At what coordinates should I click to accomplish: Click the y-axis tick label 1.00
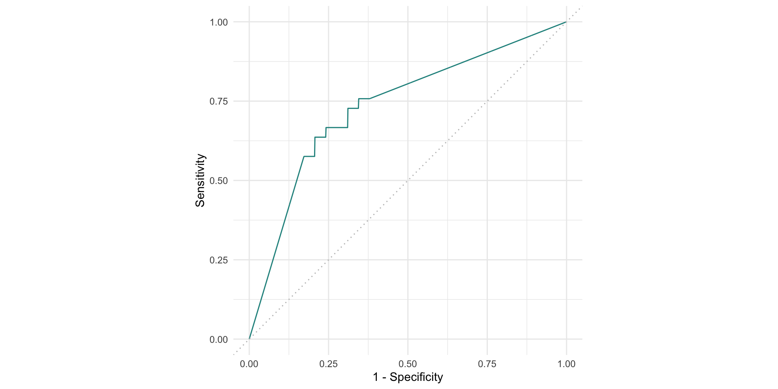[219, 22]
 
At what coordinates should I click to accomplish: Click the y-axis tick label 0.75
[219, 101]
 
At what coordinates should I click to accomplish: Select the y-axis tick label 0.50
[219, 181]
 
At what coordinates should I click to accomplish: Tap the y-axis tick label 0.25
[219, 260]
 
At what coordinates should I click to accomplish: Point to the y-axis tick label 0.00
[219, 340]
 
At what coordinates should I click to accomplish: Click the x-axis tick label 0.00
[249, 364]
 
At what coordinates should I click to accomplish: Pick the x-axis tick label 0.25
[328, 364]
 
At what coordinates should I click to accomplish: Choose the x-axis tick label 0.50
[408, 364]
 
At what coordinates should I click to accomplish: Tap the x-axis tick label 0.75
[487, 364]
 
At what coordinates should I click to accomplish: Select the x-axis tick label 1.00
[566, 364]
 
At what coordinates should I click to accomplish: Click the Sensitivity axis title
[200, 180]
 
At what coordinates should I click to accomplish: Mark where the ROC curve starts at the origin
[249, 339]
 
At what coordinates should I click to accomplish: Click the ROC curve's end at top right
[566, 22]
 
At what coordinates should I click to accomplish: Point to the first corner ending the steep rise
[304, 156]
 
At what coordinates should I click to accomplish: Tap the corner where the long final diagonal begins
[369, 98]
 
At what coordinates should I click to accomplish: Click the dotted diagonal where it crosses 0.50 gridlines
[408, 180]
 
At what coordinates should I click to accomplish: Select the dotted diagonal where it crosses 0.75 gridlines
[487, 101]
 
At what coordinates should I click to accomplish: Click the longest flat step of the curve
[337, 128]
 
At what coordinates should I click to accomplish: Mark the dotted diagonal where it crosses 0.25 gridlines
[328, 260]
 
